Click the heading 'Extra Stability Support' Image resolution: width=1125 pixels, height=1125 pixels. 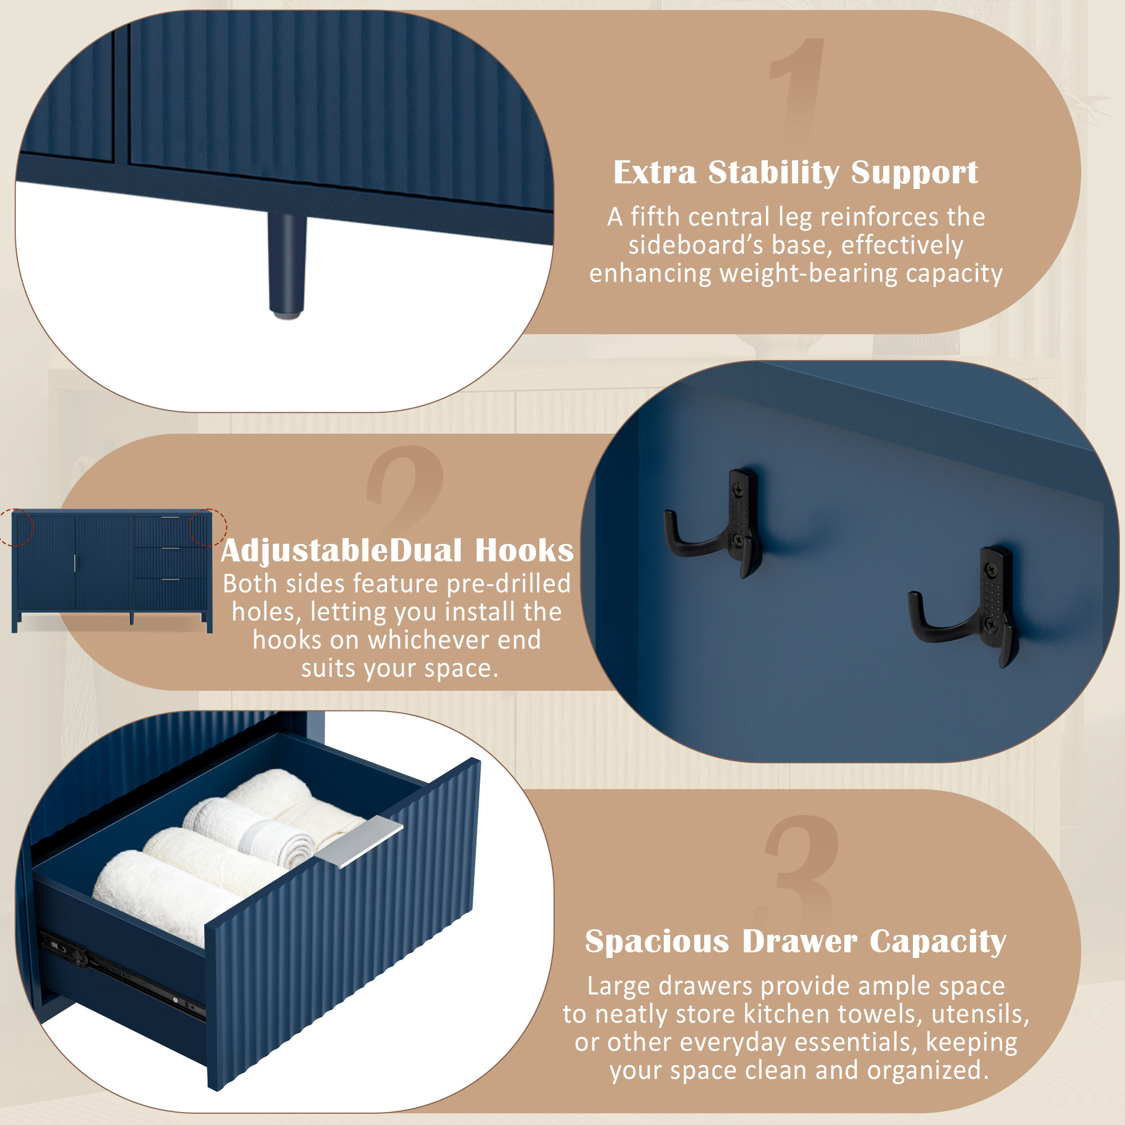click(795, 172)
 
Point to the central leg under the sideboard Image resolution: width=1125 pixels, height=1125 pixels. click(286, 265)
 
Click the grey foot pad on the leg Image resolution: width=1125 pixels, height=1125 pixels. click(286, 315)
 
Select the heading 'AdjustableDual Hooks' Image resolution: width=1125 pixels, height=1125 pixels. click(397, 551)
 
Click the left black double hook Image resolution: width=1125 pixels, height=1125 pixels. click(713, 524)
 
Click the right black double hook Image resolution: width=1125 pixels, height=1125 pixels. click(964, 607)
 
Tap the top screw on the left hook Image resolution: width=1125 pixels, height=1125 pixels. click(739, 490)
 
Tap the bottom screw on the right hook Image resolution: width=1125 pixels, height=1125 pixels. click(990, 624)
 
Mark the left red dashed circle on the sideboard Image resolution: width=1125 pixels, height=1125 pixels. click(15, 528)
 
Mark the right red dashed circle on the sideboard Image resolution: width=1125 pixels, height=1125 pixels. click(209, 528)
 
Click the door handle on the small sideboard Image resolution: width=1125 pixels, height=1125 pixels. click(75, 563)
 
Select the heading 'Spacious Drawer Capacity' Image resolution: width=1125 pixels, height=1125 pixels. click(795, 942)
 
